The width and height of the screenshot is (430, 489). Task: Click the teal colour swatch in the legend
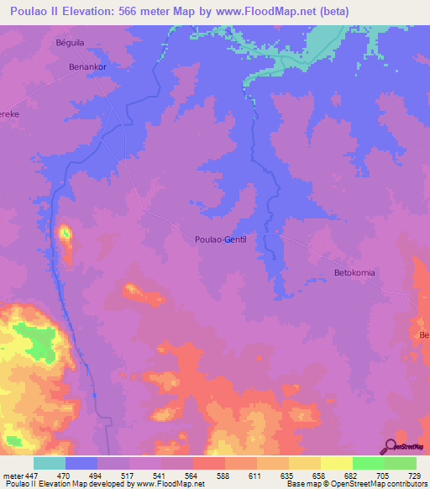coord(50,462)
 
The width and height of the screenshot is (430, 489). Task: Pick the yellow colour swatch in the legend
coord(336,462)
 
